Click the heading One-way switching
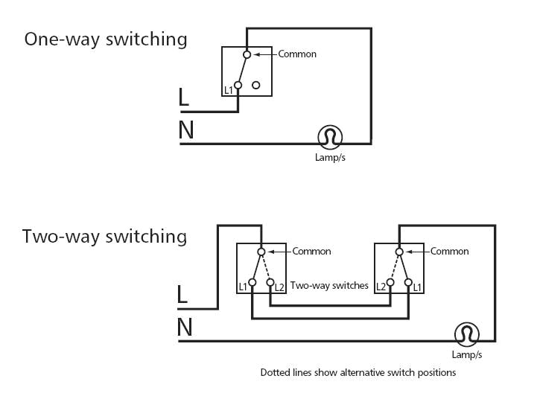click(x=106, y=39)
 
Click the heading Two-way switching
click(x=104, y=237)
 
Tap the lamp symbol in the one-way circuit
click(x=330, y=137)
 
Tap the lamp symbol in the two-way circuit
click(x=466, y=334)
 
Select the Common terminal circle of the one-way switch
click(x=247, y=54)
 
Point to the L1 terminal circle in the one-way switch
click(x=238, y=86)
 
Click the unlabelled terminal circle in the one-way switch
click(x=256, y=86)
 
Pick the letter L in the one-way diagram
click(x=184, y=98)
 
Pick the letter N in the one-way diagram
click(x=185, y=130)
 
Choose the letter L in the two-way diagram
click(x=182, y=295)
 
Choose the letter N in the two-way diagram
click(x=184, y=328)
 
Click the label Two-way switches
click(x=329, y=285)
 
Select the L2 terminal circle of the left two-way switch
click(x=270, y=283)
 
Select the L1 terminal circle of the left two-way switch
click(x=252, y=283)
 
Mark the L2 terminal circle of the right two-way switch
click(x=390, y=283)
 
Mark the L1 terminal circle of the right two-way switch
click(x=407, y=283)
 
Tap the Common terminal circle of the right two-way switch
click(x=399, y=252)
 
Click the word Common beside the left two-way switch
click(x=311, y=252)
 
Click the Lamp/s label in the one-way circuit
click(x=331, y=158)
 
